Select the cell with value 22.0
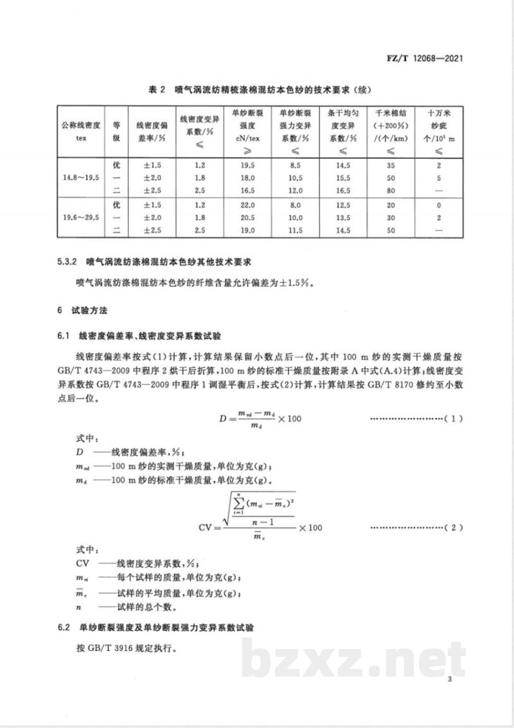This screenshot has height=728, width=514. click(247, 206)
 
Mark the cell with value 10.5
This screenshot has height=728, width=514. click(294, 178)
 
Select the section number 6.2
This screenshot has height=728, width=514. click(64, 627)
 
